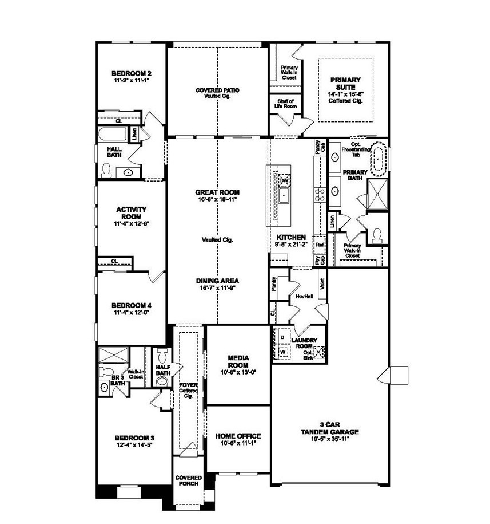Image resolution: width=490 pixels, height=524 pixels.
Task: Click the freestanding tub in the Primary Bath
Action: pyautogui.click(x=380, y=160)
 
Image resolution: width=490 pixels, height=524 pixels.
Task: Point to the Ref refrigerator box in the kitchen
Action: pyautogui.click(x=320, y=243)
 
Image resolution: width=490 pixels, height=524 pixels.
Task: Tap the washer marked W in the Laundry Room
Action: pyautogui.click(x=282, y=351)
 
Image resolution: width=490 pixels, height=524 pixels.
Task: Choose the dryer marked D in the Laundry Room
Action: pyautogui.click(x=282, y=337)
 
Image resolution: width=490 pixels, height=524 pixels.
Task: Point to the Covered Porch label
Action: pyautogui.click(x=187, y=480)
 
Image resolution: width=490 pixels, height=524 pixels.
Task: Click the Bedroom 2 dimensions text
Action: pyautogui.click(x=131, y=81)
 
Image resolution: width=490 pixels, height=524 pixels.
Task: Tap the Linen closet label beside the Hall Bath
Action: pyautogui.click(x=134, y=135)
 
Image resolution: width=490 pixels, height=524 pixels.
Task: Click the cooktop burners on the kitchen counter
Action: pyautogui.click(x=318, y=194)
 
